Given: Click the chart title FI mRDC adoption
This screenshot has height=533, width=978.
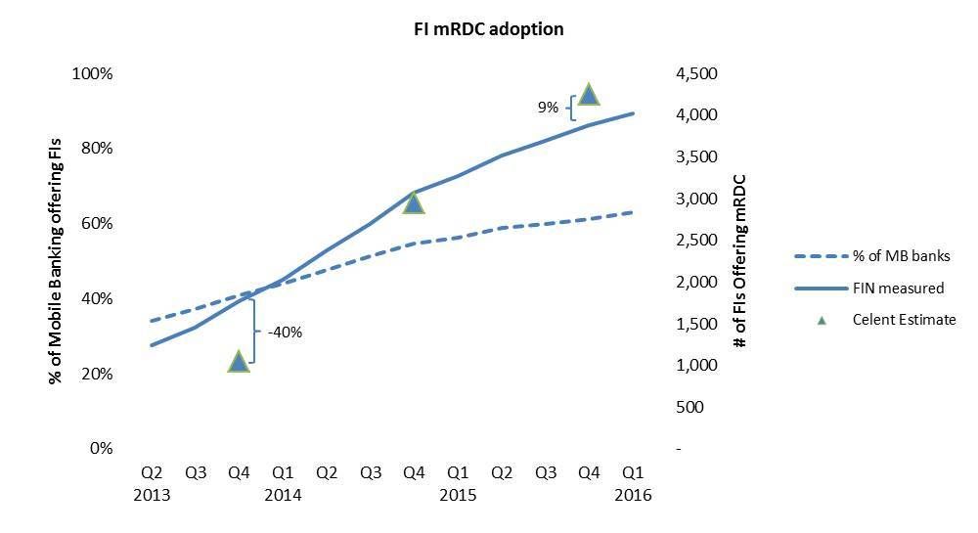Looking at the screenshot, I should (x=488, y=29).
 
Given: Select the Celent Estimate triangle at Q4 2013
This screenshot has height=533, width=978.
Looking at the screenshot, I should (x=239, y=362).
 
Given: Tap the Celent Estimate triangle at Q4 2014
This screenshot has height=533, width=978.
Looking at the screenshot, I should (x=414, y=203).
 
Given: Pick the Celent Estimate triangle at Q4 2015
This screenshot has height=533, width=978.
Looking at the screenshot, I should (x=588, y=94).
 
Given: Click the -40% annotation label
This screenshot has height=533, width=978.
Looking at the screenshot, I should (x=285, y=332).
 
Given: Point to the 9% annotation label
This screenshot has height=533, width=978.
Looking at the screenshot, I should (x=547, y=108).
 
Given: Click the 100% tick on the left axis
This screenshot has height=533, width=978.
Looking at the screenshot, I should (x=95, y=74).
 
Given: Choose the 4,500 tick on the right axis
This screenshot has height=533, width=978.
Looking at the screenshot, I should (x=697, y=74).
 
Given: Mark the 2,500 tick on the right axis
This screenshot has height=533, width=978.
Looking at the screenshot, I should (x=697, y=241).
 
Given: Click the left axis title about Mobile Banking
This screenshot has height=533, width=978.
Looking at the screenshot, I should (x=56, y=261).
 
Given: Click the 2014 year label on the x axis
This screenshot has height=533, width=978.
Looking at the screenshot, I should (x=283, y=495).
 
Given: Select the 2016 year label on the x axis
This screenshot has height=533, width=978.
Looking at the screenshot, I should (x=632, y=495).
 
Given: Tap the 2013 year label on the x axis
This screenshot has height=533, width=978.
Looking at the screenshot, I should (x=152, y=495).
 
